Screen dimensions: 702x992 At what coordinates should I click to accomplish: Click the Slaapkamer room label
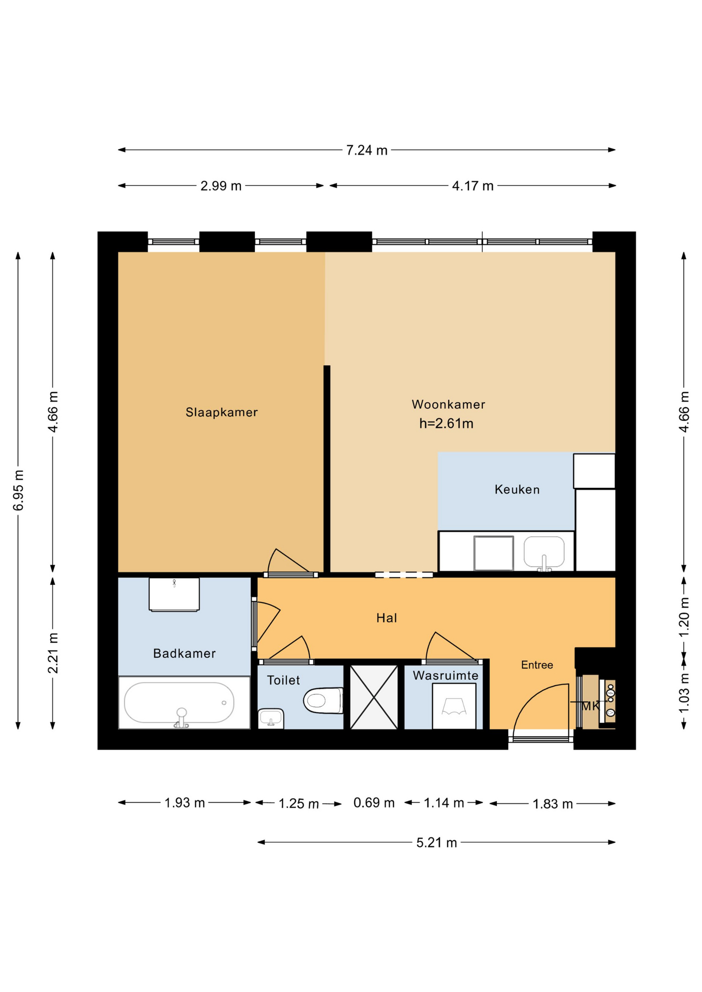pyautogui.click(x=221, y=412)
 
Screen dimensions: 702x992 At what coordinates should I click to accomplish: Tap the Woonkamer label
pyautogui.click(x=448, y=405)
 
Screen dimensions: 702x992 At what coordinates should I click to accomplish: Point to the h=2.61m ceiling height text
pyautogui.click(x=446, y=424)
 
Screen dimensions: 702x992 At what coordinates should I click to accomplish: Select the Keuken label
pyautogui.click(x=517, y=490)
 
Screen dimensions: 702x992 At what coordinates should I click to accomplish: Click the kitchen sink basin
pyautogui.click(x=544, y=552)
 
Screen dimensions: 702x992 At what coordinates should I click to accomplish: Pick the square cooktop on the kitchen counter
pyautogui.click(x=494, y=553)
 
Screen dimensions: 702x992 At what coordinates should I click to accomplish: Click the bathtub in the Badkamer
pyautogui.click(x=179, y=703)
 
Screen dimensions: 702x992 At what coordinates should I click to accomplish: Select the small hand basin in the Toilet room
pyautogui.click(x=270, y=718)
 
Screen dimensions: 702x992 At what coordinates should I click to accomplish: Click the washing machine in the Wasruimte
pyautogui.click(x=454, y=706)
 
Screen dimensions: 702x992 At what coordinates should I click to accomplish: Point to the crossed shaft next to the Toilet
pyautogui.click(x=374, y=697)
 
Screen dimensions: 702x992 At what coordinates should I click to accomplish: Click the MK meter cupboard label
pyautogui.click(x=590, y=706)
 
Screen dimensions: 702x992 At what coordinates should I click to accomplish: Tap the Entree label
pyautogui.click(x=537, y=665)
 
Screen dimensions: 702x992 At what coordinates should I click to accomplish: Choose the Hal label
pyautogui.click(x=387, y=618)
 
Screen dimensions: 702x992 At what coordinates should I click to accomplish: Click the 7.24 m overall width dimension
pyautogui.click(x=367, y=150)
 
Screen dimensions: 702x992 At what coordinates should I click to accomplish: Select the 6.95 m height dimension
pyautogui.click(x=19, y=490)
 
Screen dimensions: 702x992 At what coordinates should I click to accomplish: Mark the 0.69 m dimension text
pyautogui.click(x=374, y=803)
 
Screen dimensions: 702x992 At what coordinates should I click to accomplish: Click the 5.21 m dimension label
pyautogui.click(x=437, y=843)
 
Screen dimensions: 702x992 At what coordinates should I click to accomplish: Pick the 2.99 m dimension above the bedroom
pyautogui.click(x=221, y=186)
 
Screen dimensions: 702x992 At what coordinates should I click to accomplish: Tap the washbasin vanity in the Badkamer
pyautogui.click(x=174, y=594)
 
